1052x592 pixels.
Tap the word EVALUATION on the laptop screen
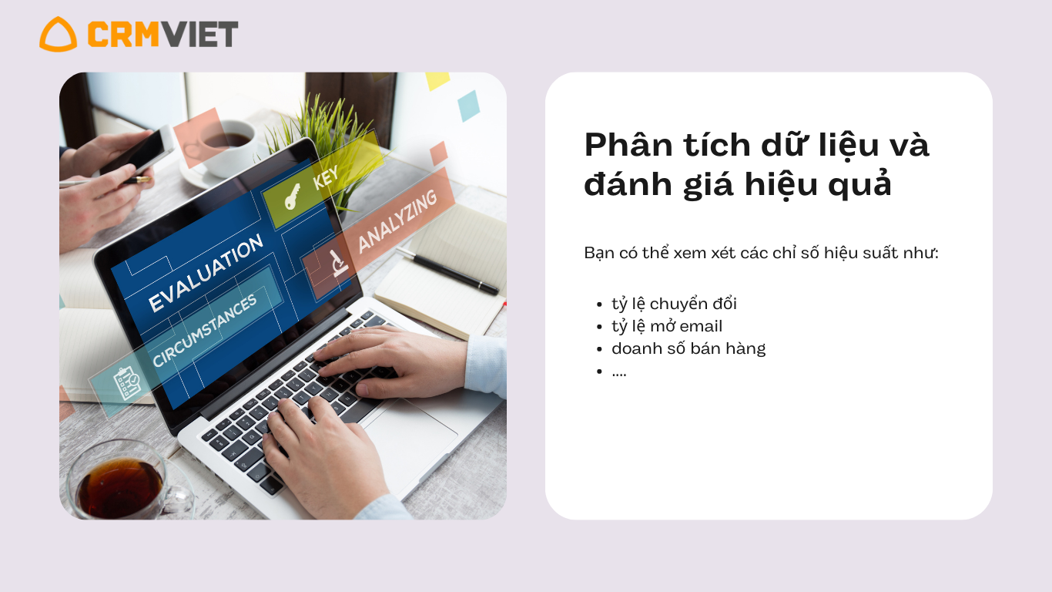206,273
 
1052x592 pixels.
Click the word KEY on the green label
326,178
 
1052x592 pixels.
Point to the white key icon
292,197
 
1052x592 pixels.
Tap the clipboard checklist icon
126,383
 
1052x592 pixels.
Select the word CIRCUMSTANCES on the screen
205,330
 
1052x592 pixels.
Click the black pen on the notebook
447,271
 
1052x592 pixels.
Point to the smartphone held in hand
136,150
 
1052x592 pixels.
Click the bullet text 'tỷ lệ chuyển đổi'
674,304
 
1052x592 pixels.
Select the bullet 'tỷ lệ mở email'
667,326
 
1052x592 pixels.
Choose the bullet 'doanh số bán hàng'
688,348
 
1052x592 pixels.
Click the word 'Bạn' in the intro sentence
599,253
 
